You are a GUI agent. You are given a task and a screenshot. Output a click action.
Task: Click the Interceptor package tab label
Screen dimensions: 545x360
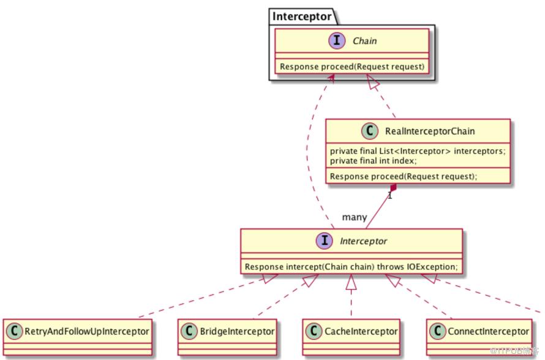pyautogui.click(x=302, y=17)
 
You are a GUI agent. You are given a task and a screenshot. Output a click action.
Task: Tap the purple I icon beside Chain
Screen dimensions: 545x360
pyautogui.click(x=337, y=40)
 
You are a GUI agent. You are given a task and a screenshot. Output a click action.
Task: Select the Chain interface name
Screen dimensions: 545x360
pyautogui.click(x=364, y=41)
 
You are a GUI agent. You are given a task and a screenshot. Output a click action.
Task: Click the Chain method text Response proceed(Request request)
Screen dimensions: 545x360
pyautogui.click(x=352, y=66)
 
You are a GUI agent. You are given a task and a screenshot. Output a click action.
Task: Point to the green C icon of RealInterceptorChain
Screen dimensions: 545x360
pyautogui.click(x=370, y=131)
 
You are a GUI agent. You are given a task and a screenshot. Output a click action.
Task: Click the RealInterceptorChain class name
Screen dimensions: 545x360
pyautogui.click(x=430, y=132)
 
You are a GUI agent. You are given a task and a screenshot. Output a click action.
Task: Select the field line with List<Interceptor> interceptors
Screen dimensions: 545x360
pyautogui.click(x=418, y=151)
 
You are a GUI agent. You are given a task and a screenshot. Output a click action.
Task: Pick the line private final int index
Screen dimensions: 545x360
pyautogui.click(x=373, y=160)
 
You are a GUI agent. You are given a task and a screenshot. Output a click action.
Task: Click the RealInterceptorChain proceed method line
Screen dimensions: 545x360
pyautogui.click(x=404, y=176)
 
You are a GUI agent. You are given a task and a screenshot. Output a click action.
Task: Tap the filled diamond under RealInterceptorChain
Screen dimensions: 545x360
pyautogui.click(x=393, y=189)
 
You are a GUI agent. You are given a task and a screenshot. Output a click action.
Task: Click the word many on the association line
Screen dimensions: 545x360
pyautogui.click(x=355, y=217)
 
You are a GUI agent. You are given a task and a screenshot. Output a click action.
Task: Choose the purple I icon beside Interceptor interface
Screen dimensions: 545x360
pyautogui.click(x=325, y=241)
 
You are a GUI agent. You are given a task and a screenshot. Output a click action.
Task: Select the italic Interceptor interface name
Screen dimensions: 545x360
pyautogui.click(x=363, y=241)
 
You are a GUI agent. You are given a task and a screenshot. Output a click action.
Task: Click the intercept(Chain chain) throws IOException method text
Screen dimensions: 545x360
pyautogui.click(x=351, y=266)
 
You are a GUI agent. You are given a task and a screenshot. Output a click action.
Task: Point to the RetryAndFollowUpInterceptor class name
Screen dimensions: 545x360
pyautogui.click(x=87, y=331)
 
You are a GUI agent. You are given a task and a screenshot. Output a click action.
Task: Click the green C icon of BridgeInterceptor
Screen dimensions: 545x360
pyautogui.click(x=189, y=331)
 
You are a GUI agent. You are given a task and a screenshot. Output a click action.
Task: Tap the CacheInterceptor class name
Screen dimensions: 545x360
pyautogui.click(x=361, y=331)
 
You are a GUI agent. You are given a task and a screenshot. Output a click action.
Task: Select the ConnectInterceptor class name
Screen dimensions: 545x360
pyautogui.click(x=488, y=331)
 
